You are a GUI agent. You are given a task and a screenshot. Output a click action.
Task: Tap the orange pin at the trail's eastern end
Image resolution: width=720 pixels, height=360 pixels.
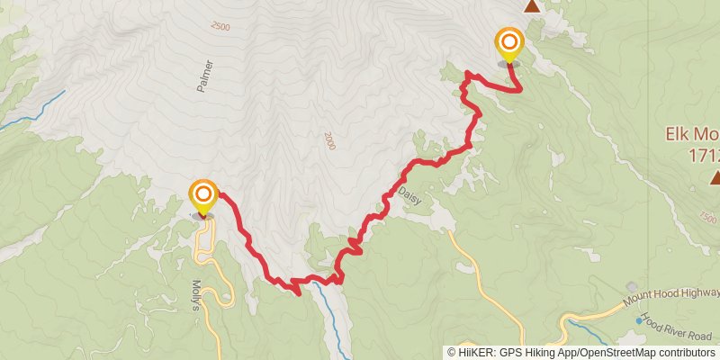pyautogui.click(x=509, y=43)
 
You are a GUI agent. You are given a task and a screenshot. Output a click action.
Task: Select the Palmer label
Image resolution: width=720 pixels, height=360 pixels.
pyautogui.click(x=204, y=77)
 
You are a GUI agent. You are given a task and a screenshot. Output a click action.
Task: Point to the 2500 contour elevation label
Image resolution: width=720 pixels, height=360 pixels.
pyautogui.click(x=220, y=27)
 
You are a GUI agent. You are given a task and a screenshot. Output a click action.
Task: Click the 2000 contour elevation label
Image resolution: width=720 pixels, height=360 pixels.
pyautogui.click(x=328, y=140)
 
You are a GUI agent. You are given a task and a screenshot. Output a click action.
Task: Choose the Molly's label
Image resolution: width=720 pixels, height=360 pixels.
pyautogui.click(x=198, y=295)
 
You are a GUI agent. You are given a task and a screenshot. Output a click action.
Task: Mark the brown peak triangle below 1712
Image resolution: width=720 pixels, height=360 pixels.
pyautogui.click(x=715, y=177)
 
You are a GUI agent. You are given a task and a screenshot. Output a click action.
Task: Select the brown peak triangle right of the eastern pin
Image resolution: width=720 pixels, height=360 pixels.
pyautogui.click(x=533, y=6)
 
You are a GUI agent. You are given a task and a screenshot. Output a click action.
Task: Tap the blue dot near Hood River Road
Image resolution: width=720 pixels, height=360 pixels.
pyautogui.click(x=640, y=320)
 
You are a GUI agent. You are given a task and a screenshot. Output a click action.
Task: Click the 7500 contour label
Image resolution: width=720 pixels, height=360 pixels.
pyautogui.click(x=708, y=218)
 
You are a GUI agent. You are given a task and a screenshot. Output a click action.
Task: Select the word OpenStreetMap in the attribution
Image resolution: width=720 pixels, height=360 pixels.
pyautogui.click(x=620, y=352)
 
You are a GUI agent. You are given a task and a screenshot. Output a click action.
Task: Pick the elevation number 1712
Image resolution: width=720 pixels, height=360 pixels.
pyautogui.click(x=705, y=155)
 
